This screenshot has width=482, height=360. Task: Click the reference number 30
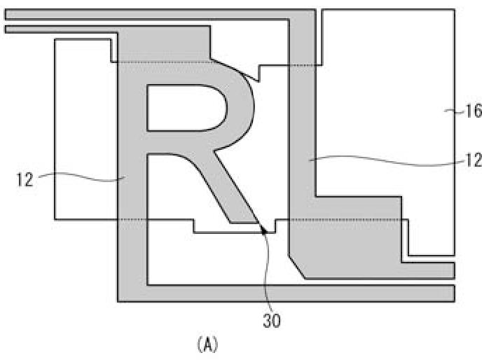273,321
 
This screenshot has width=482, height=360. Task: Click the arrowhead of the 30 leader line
263,230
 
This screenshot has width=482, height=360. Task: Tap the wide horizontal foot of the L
350,238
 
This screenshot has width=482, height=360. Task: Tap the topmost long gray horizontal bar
161,15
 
